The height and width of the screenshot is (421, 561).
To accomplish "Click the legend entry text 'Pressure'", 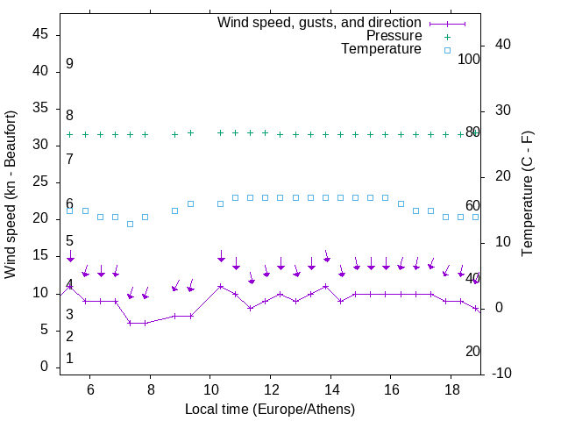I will click(394, 36).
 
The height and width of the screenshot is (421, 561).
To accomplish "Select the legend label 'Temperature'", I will click(381, 49).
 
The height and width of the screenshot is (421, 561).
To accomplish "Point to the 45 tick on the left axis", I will click(40, 34).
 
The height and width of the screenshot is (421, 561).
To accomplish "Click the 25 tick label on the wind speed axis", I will click(40, 182).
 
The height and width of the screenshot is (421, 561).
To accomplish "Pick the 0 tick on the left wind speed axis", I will click(45, 367).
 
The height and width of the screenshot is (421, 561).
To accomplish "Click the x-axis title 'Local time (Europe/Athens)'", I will click(270, 409).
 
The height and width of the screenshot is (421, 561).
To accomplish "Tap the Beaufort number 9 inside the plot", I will click(69, 64).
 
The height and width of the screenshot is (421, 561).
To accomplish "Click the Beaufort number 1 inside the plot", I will click(69, 358).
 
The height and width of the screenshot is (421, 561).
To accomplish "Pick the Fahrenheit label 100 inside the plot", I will click(470, 59).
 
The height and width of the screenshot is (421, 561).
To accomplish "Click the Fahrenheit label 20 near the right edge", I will click(472, 351).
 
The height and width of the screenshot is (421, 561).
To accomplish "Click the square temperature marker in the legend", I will click(446, 50).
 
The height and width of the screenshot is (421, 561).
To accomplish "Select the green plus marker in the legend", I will click(446, 36).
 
